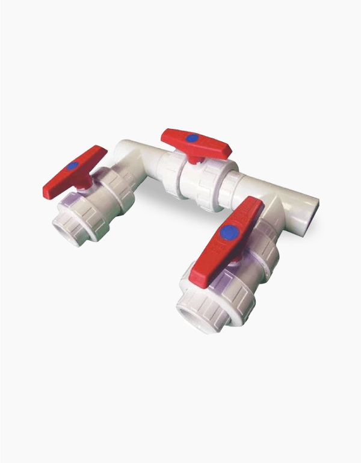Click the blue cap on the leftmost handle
point(73,165)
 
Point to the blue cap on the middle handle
point(192,138)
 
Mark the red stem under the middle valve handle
point(194,160)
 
